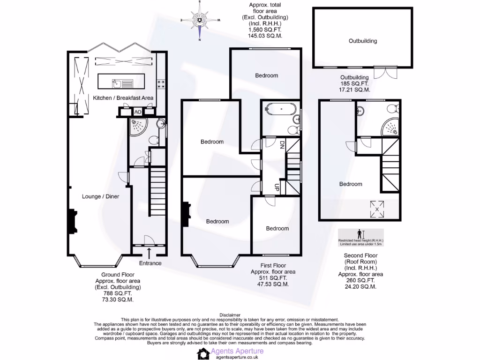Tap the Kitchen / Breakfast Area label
point(123,97)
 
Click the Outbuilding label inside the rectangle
point(362,41)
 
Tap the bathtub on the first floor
point(280,110)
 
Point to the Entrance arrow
point(149,254)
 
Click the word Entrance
point(150,263)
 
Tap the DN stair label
point(282,145)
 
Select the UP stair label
point(277,187)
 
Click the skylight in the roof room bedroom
point(377,206)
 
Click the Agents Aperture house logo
point(203,353)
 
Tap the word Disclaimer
point(230,315)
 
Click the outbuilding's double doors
point(385,72)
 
